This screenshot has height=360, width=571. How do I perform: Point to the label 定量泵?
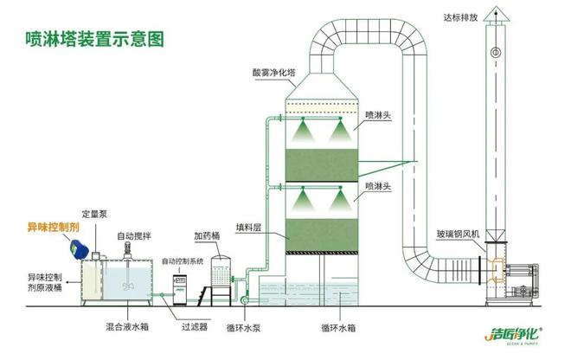pos(93,214)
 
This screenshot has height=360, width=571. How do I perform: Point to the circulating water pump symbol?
pos(244,299)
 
